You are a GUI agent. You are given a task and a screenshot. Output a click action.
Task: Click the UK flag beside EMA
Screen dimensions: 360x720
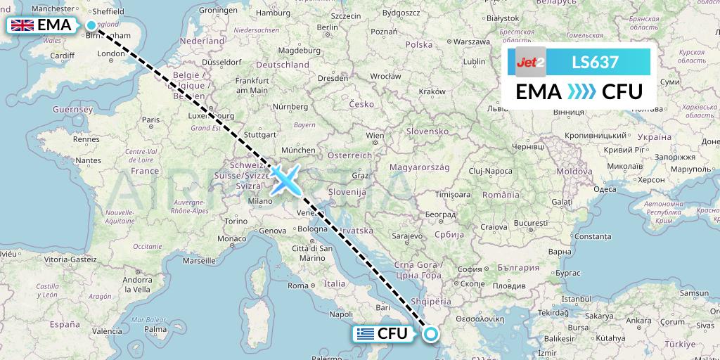(22, 26)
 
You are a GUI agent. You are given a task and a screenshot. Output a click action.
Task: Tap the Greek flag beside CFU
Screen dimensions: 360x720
(365, 334)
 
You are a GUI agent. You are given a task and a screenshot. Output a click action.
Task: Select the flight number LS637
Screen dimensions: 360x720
(595, 63)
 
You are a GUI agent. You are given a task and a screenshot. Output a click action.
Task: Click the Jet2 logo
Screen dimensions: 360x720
(531, 63)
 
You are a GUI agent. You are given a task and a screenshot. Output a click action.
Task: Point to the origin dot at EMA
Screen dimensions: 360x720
(91, 26)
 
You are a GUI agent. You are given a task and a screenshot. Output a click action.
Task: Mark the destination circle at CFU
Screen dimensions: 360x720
(429, 334)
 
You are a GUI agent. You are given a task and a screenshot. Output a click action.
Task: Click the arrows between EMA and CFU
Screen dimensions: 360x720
(580, 91)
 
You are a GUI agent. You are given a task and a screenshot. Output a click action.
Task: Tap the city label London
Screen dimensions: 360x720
(111, 53)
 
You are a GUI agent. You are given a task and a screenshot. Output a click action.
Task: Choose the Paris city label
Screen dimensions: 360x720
(150, 120)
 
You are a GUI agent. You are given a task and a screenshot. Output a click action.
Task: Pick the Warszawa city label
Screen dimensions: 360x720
(470, 41)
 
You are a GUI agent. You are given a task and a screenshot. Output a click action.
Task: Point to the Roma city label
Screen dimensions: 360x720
(299, 285)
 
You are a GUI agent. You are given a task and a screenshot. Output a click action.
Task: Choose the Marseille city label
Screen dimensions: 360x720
(198, 260)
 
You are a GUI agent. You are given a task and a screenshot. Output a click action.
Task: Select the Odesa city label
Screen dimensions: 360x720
(605, 188)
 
